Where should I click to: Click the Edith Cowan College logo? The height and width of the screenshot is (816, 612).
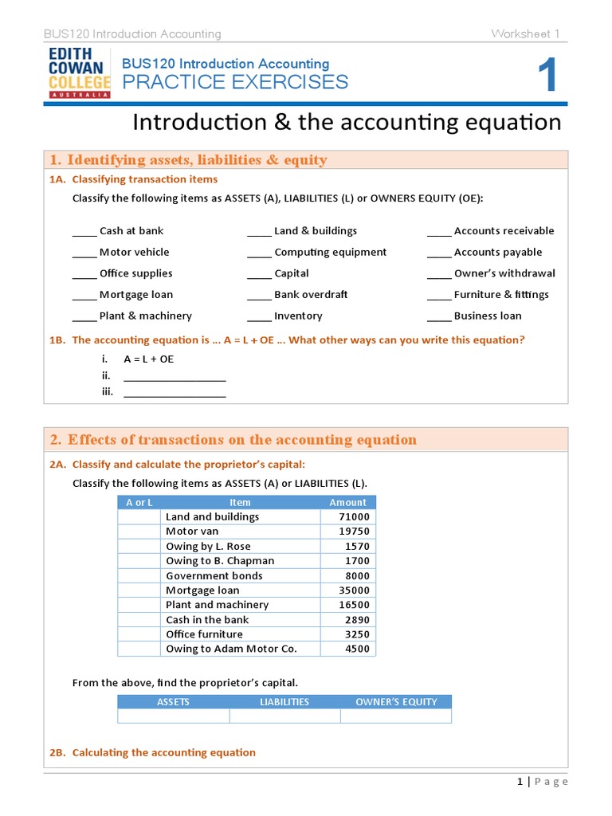(79, 72)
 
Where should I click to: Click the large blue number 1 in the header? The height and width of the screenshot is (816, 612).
(546, 78)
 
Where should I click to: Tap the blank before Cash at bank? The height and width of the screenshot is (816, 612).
(84, 232)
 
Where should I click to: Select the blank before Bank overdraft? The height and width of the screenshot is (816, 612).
(259, 296)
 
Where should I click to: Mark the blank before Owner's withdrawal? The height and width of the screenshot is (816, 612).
(439, 274)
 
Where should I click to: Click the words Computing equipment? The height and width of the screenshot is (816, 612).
(330, 253)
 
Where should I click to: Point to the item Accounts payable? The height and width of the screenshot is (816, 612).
(497, 253)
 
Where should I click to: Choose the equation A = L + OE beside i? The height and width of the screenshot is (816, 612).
(148, 359)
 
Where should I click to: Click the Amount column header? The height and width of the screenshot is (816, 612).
(347, 503)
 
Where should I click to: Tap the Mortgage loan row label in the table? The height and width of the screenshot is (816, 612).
(202, 590)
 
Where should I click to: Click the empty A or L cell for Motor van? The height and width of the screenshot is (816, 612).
(139, 532)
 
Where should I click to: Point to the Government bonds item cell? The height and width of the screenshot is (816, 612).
(214, 576)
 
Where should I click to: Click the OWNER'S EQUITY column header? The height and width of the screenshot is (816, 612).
(396, 702)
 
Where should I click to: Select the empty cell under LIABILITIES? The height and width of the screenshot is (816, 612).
(284, 716)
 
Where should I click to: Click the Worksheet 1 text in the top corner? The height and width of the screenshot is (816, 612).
(525, 33)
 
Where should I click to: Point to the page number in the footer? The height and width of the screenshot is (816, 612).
(520, 783)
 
